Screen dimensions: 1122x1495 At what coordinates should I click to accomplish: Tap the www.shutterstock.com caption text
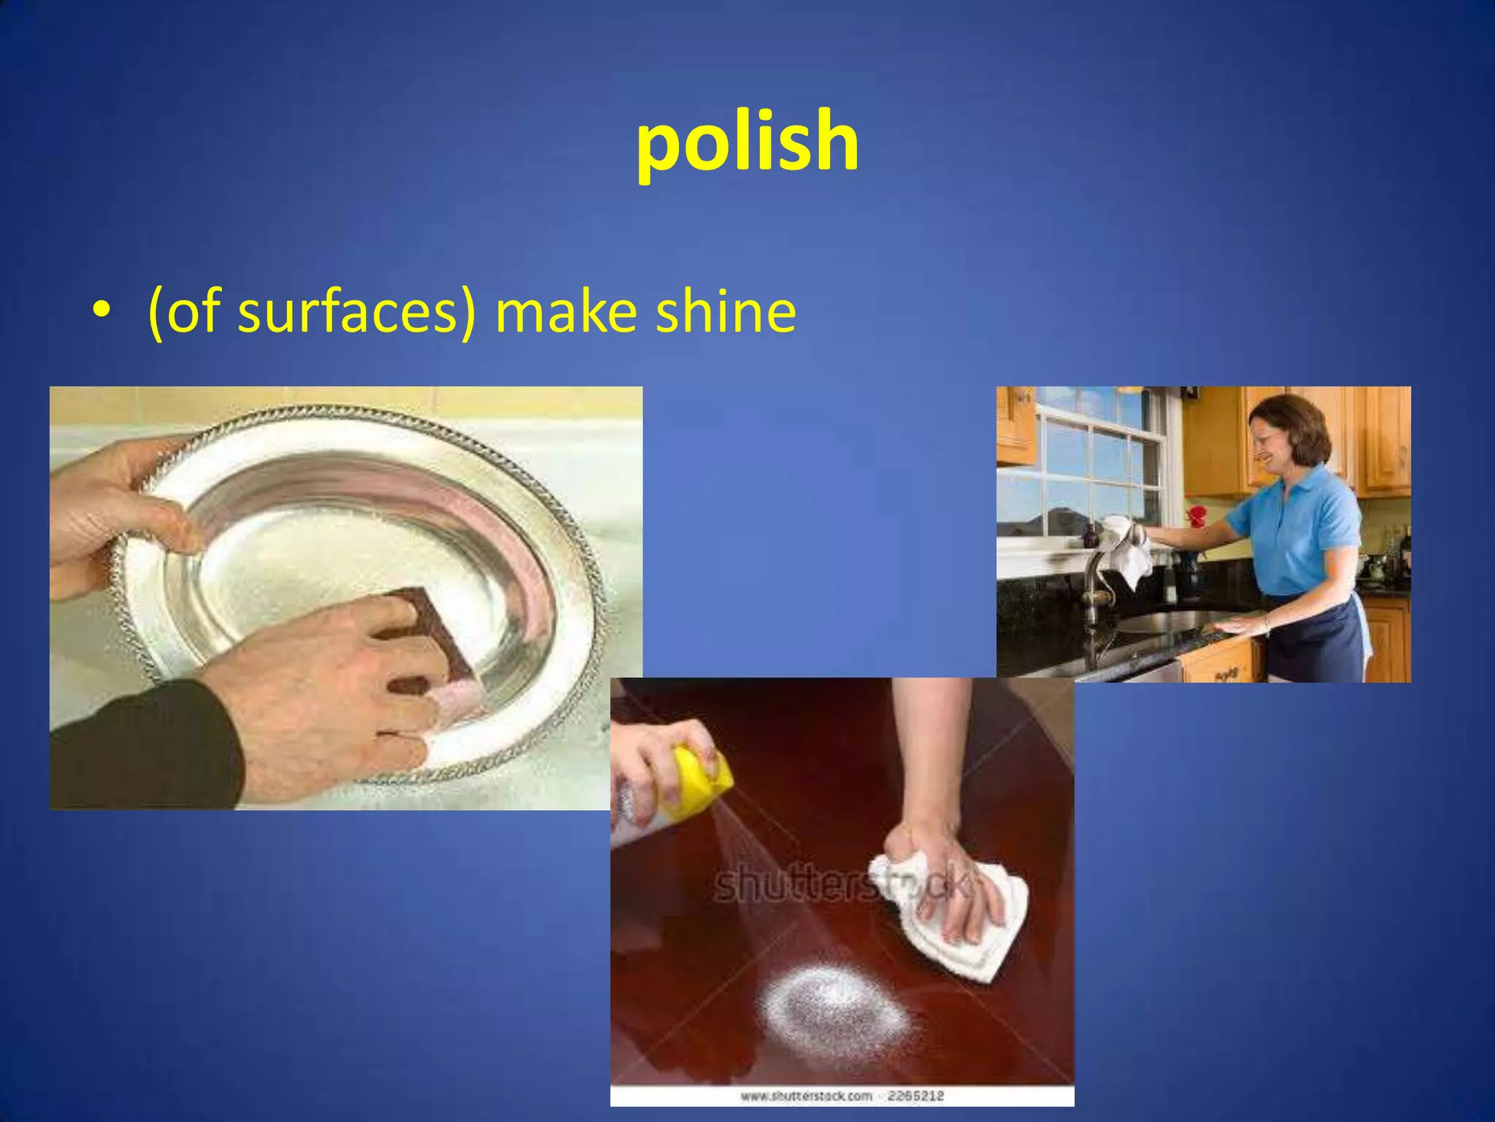click(x=806, y=1096)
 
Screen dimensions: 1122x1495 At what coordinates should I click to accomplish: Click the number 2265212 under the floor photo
click(x=916, y=1096)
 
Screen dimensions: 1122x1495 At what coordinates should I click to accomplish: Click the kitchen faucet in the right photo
click(x=1091, y=584)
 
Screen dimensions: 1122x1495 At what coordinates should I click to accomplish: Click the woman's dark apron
click(x=1314, y=636)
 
